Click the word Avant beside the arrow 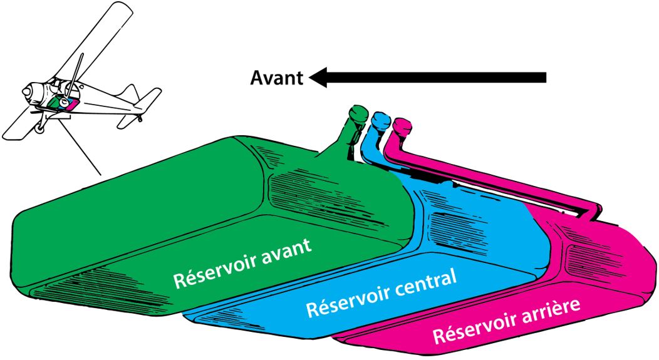point(276,78)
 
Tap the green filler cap point(358,113)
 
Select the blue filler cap point(381,118)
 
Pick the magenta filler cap point(400,123)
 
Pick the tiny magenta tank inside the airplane point(73,104)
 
